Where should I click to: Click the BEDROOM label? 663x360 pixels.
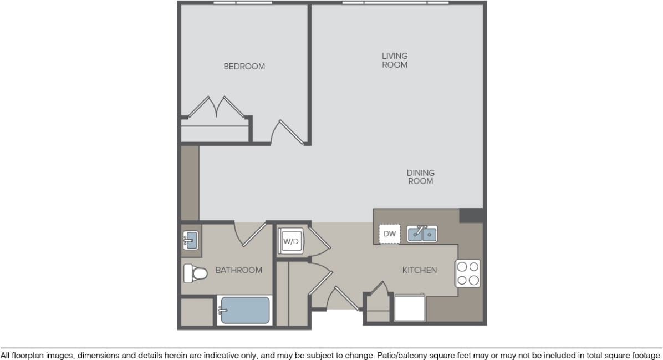click(244, 66)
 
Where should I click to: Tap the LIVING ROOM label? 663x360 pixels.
click(394, 60)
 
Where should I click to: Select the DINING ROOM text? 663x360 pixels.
click(420, 177)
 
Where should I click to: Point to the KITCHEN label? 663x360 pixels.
click(419, 270)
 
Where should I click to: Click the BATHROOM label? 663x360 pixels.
click(238, 270)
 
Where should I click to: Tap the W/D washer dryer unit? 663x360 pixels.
click(290, 241)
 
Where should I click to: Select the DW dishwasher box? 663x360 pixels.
click(390, 234)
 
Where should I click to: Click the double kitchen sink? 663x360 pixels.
click(422, 234)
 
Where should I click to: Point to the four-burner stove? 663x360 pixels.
click(467, 273)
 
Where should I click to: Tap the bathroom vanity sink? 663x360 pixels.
click(190, 240)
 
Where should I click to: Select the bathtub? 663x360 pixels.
click(244, 311)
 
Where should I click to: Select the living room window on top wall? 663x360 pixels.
click(395, 3)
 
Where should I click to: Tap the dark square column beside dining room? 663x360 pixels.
click(472, 215)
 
